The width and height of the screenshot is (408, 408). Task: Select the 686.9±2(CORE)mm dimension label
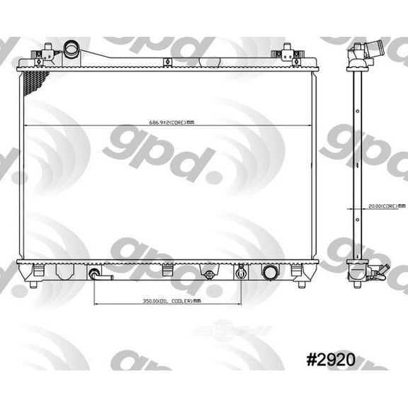(167, 122)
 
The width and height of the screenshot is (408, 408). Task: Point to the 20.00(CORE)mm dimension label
(383, 206)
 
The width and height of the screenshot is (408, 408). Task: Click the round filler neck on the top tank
(72, 50)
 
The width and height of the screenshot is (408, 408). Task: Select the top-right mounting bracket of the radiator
(288, 53)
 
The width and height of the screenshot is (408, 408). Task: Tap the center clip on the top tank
(167, 62)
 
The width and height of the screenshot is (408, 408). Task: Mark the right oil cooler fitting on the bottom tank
(242, 273)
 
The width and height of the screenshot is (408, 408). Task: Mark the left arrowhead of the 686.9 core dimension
(25, 125)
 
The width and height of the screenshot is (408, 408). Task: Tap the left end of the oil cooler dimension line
(93, 304)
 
